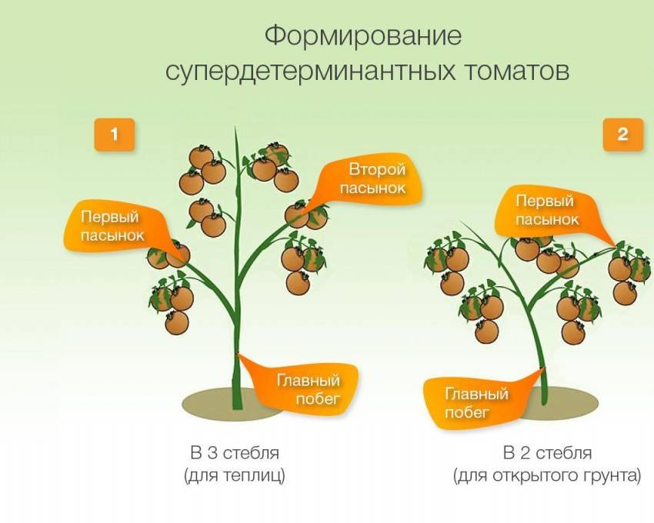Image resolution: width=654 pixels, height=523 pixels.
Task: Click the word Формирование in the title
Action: coord(363,37)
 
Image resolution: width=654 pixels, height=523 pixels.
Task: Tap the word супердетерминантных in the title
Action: coord(310,72)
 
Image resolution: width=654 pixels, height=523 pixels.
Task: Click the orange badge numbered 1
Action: coord(115,135)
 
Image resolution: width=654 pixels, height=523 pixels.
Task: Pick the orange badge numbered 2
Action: coord(623,135)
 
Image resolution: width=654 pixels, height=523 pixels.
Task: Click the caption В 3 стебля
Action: coord(235,453)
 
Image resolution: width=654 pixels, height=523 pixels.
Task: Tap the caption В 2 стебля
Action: coord(547,453)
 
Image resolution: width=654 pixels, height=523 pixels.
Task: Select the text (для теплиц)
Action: coord(235,475)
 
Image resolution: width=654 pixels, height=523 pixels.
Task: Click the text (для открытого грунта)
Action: coord(547,475)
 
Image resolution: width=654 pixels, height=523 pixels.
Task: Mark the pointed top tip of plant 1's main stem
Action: coord(235,127)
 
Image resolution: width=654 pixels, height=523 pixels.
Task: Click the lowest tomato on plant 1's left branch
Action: coord(177,323)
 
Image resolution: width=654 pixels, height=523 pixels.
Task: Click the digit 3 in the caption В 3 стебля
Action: coord(212,453)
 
